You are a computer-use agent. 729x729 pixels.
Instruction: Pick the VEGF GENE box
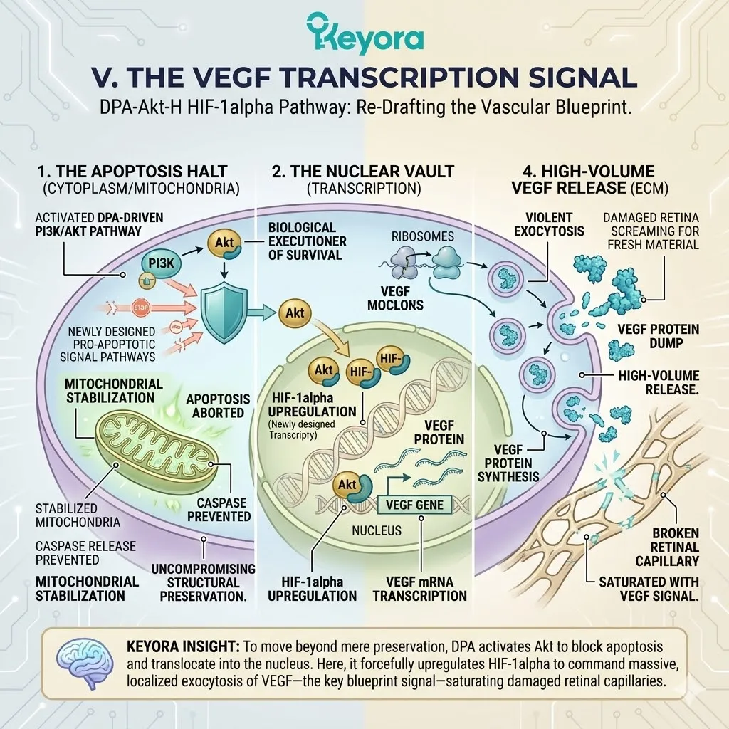click(414, 505)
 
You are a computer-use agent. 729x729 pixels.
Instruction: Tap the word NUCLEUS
click(377, 530)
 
